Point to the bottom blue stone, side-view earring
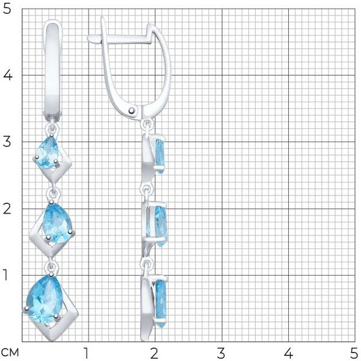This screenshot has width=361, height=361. pyautogui.click(x=161, y=302)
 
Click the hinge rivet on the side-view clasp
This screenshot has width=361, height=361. pyautogui.click(x=132, y=111)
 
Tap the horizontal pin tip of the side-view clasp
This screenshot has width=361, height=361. pyautogui.click(x=90, y=39)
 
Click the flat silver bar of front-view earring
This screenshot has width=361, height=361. pyautogui.click(x=54, y=69)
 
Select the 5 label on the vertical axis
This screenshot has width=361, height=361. pyautogui.click(x=7, y=9)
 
